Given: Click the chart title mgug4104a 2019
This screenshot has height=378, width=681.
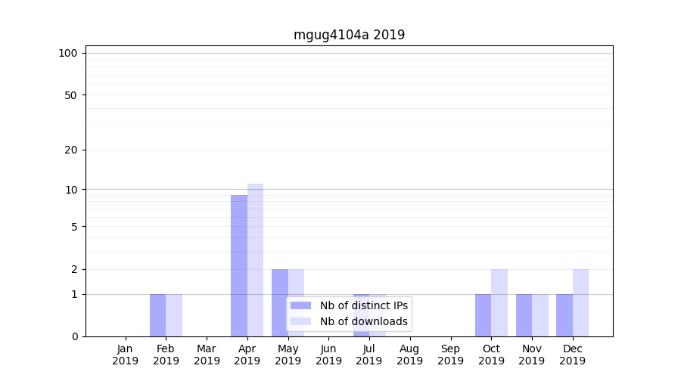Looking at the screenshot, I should tap(349, 35).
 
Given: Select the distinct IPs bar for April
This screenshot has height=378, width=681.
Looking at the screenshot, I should tap(239, 265).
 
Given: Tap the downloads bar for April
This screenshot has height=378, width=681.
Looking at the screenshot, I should tap(255, 260).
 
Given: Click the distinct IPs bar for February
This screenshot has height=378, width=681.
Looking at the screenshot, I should tap(157, 315).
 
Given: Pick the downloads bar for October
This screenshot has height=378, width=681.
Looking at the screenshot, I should tap(499, 302).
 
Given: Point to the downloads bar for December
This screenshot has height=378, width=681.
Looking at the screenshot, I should tap(580, 302).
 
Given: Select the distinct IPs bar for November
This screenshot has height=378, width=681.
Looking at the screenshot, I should tap(524, 315).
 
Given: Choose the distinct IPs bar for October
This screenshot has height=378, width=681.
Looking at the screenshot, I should tap(483, 315).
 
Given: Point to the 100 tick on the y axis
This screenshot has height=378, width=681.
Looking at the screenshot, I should tap(68, 53).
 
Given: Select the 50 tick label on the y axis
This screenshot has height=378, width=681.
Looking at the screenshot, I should tap(70, 95).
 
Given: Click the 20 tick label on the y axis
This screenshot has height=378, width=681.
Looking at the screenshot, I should tap(70, 150).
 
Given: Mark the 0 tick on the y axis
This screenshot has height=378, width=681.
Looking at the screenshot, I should tap(74, 336).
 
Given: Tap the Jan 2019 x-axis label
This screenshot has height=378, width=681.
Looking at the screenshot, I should tap(126, 355).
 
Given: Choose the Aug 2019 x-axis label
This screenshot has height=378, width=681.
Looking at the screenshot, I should tap(409, 355).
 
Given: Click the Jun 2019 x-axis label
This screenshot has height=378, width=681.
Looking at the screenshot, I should tap(328, 355).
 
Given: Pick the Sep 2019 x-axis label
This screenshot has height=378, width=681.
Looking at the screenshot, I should tap(450, 355).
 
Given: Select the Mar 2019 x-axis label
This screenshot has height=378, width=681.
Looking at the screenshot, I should tap(207, 355).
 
